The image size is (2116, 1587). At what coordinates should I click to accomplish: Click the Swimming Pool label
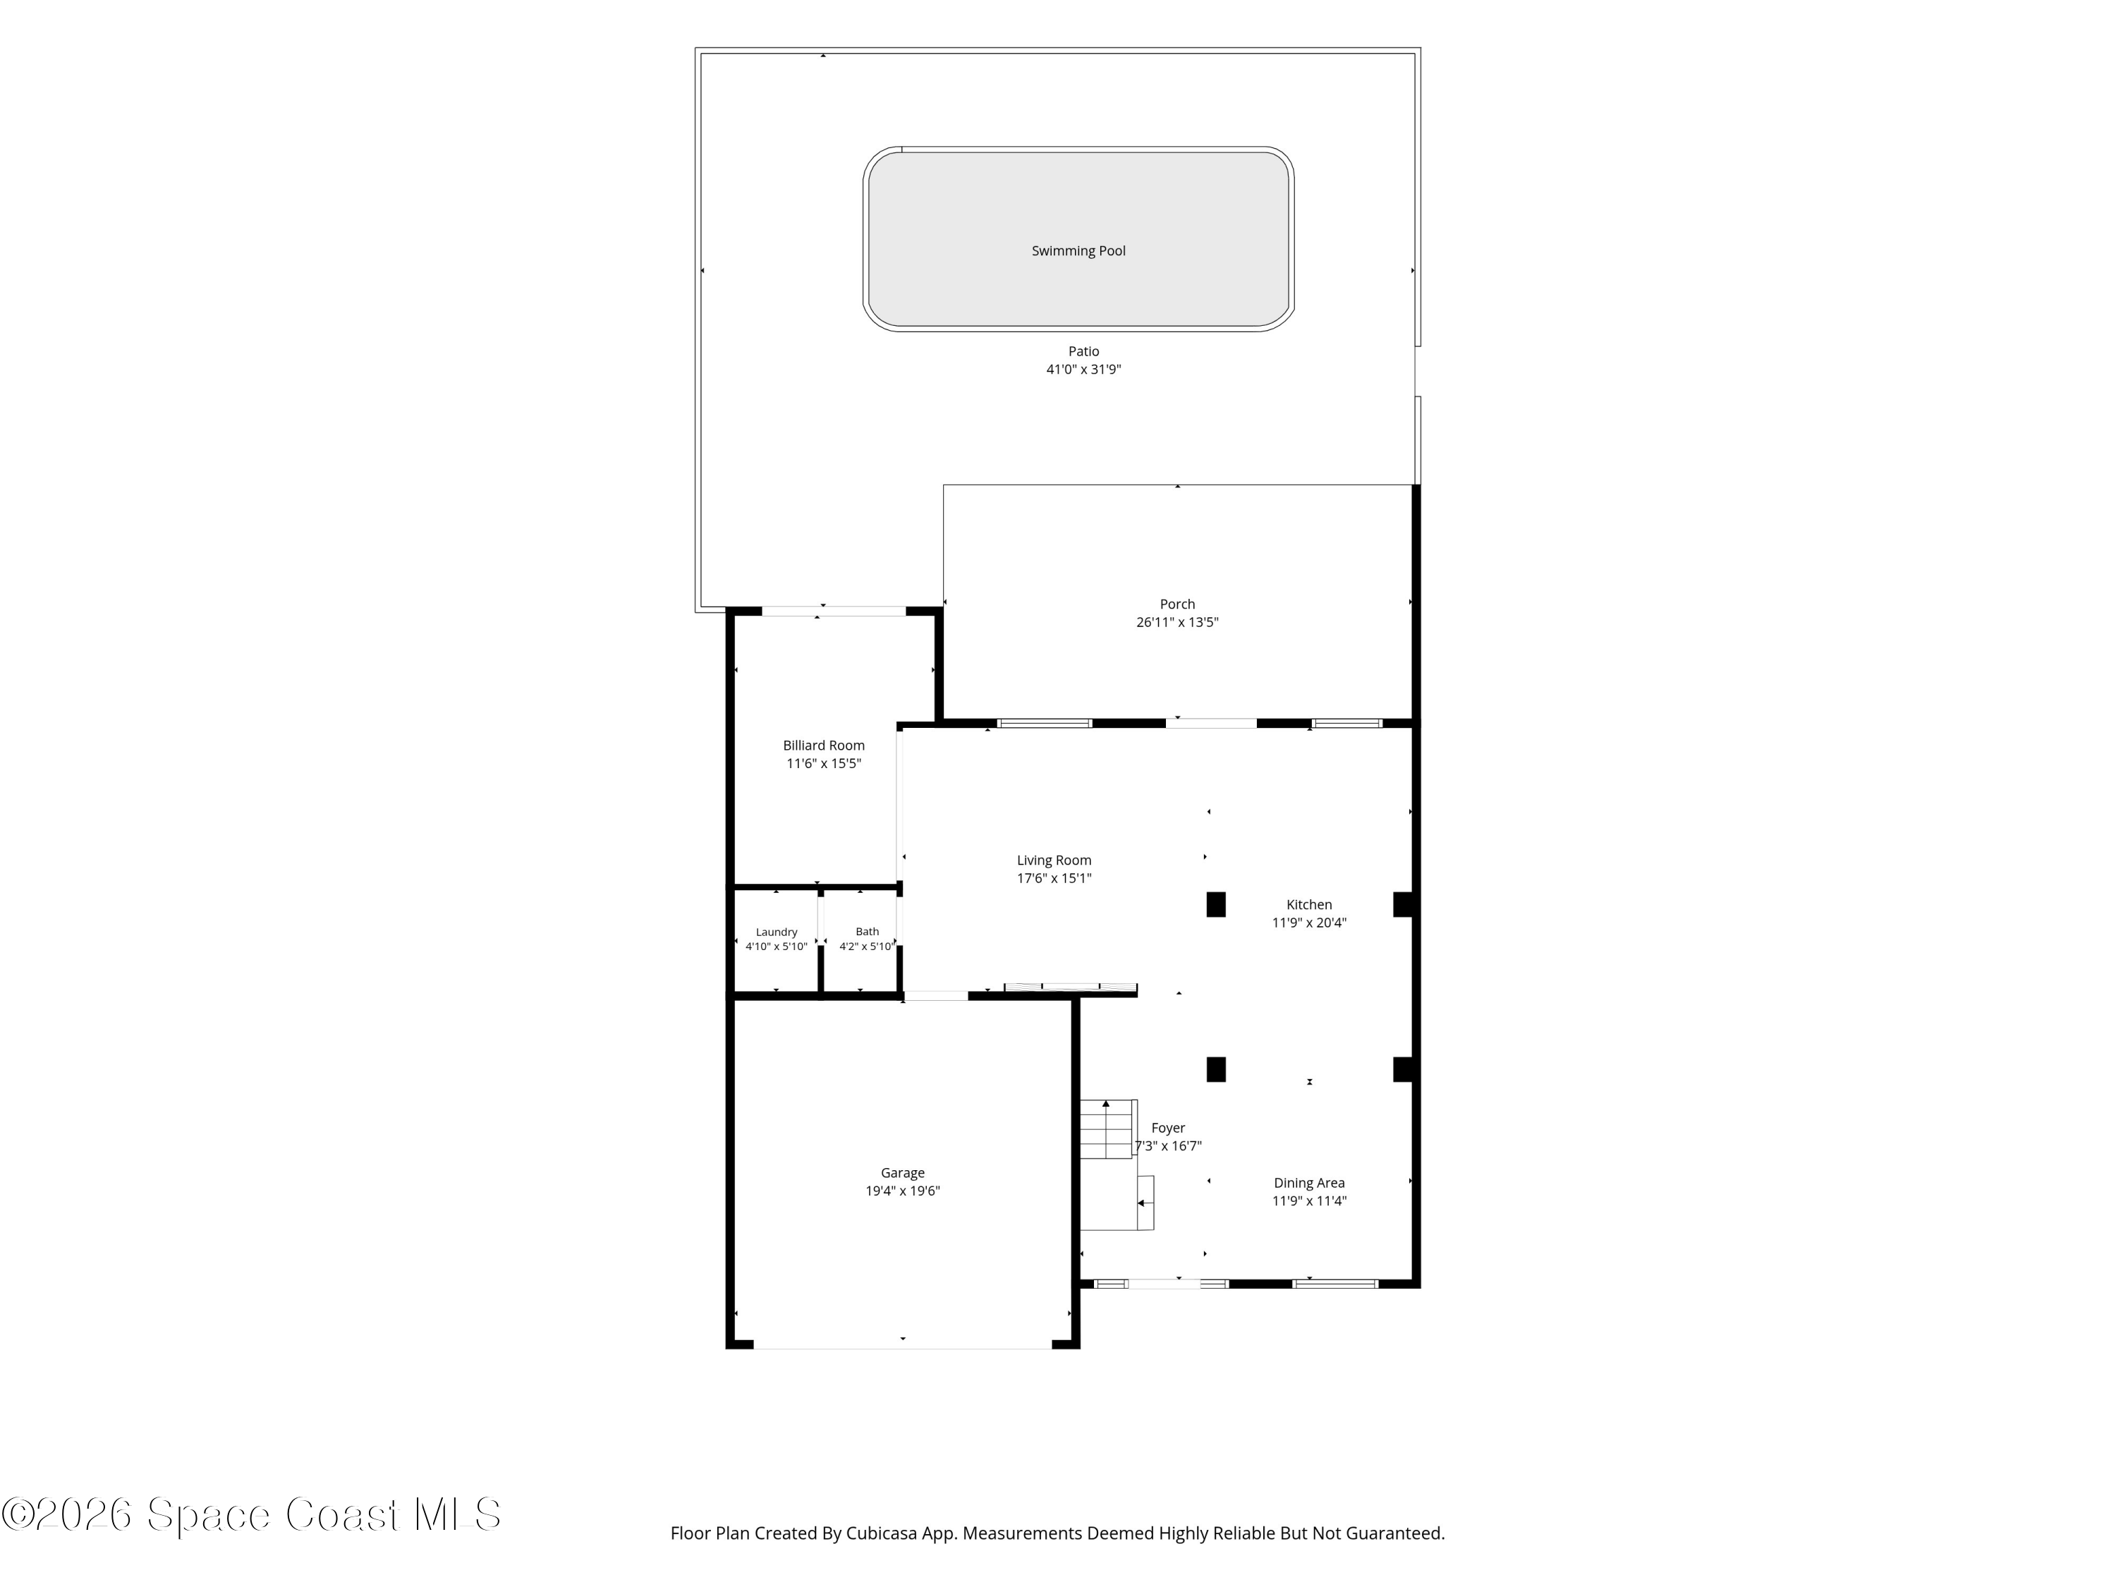click(1078, 250)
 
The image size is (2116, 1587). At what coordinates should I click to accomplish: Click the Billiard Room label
click(824, 746)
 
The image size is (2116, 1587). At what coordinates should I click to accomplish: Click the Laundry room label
click(776, 932)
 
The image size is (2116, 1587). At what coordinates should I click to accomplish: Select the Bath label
click(867, 932)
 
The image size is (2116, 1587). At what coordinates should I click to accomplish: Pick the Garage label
click(902, 1173)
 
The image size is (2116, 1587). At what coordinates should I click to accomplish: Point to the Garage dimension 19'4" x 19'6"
click(902, 1191)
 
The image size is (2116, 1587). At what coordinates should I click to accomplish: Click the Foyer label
click(1168, 1129)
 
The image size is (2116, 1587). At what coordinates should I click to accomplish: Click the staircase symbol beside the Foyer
click(1108, 1129)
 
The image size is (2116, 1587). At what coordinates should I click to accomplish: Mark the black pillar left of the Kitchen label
click(1216, 904)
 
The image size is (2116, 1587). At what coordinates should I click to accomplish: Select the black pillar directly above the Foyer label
click(1216, 1069)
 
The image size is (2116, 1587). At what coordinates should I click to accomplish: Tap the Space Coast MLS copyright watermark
click(250, 1514)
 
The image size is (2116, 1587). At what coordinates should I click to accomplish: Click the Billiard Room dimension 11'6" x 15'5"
click(824, 763)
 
